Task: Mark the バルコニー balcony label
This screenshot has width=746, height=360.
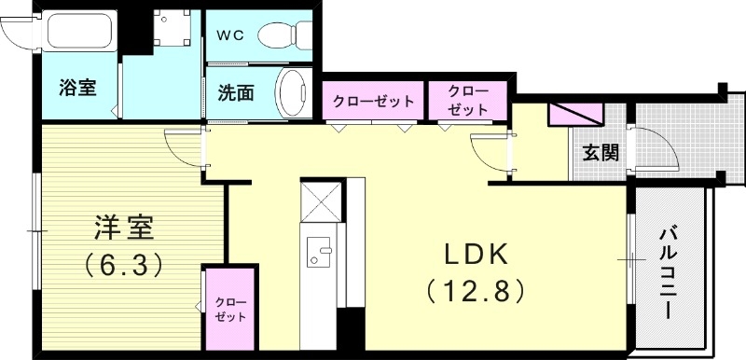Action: pyautogui.click(x=669, y=270)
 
